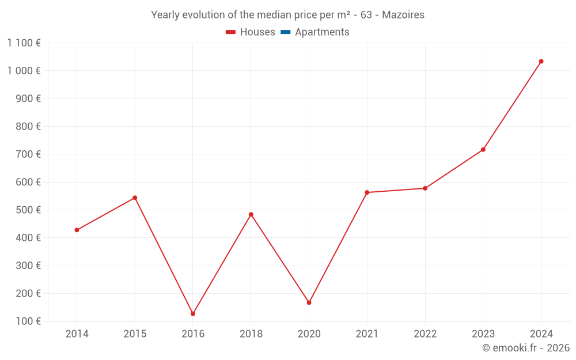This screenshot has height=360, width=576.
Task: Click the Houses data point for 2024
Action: click(541, 62)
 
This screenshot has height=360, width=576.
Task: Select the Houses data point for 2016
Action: click(193, 314)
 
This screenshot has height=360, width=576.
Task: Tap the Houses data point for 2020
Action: click(309, 302)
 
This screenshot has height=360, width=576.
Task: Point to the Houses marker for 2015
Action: click(135, 198)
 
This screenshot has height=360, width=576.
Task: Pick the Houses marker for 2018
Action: click(251, 214)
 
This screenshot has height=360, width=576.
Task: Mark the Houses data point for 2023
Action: click(483, 150)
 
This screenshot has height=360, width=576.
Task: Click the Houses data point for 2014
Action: click(77, 230)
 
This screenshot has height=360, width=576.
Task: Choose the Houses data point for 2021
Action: click(367, 192)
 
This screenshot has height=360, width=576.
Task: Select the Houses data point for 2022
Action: click(425, 188)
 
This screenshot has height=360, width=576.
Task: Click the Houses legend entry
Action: click(251, 32)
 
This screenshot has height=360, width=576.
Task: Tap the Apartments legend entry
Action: click(315, 32)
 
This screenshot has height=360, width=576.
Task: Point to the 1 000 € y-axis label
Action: click(24, 71)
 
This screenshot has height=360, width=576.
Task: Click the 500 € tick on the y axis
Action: click(28, 210)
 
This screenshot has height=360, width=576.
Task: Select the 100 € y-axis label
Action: click(28, 321)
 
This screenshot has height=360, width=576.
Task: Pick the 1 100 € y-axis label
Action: click(24, 43)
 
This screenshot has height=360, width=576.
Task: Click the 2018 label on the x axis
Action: click(251, 334)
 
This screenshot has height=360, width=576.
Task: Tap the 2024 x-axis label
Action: click(541, 334)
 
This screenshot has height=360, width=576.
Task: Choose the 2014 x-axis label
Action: click(77, 334)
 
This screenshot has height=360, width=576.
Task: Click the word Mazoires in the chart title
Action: click(403, 15)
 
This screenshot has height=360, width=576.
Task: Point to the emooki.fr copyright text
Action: click(525, 348)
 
